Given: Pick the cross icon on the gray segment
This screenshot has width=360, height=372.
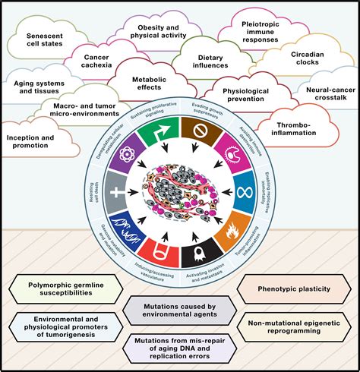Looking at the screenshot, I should pos(115,184).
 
